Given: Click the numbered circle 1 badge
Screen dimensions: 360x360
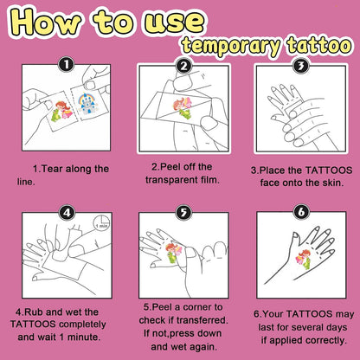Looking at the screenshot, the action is [x=67, y=65].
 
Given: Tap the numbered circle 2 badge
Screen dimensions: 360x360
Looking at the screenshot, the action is [x=184, y=66].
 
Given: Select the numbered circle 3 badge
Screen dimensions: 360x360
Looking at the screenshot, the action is [x=301, y=66].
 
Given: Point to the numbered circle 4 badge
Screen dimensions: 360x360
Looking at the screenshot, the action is [x=67, y=213].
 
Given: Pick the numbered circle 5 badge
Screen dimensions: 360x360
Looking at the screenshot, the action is [x=183, y=213].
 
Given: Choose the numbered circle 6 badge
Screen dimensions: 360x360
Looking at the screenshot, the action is [x=301, y=212].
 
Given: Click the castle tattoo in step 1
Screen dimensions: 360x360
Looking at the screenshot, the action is [x=87, y=104].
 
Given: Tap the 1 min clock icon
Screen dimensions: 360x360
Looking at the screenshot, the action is [x=101, y=222].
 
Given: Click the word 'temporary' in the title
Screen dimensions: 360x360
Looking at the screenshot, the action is [x=231, y=45].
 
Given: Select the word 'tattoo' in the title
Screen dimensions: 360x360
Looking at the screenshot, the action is [x=319, y=45].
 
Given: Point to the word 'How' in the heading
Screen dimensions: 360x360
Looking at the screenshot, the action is [x=46, y=22].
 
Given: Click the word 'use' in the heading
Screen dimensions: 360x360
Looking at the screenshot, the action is [x=175, y=22].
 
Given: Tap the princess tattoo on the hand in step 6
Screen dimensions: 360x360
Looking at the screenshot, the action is [x=303, y=260].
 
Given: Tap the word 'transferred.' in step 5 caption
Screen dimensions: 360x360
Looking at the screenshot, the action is [x=202, y=320].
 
